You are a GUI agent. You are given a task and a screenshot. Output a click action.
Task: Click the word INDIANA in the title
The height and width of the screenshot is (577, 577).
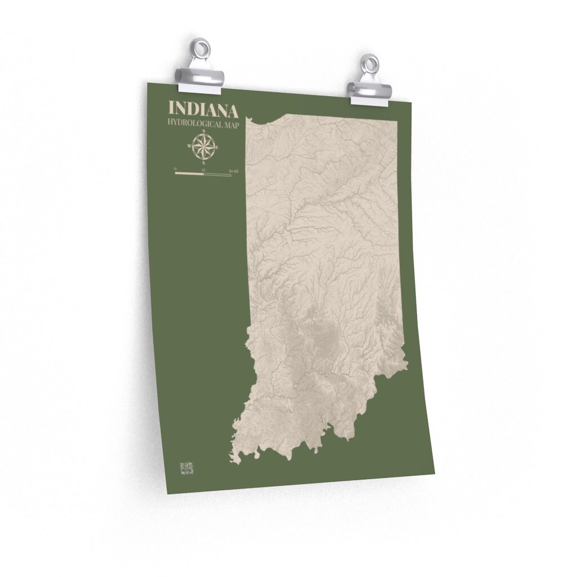[x=203, y=109]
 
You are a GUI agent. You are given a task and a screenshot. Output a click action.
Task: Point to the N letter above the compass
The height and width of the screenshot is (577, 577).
[x=203, y=132]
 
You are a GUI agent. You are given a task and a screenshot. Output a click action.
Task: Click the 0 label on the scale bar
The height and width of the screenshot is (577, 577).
[x=175, y=168]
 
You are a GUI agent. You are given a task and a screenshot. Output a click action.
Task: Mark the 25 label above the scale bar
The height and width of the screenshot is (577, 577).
[x=203, y=170]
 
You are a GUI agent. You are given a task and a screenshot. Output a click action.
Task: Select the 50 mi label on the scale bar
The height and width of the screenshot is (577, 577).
[x=234, y=171]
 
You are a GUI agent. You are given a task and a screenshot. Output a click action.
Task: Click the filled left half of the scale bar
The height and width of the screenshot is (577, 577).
[x=189, y=174]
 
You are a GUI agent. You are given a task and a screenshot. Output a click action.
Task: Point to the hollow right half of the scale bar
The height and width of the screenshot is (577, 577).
[x=218, y=175]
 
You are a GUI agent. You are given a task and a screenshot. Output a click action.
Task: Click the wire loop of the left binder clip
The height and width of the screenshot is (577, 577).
[x=202, y=47]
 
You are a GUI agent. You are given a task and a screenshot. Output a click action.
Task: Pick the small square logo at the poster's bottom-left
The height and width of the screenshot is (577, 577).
[x=187, y=468]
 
